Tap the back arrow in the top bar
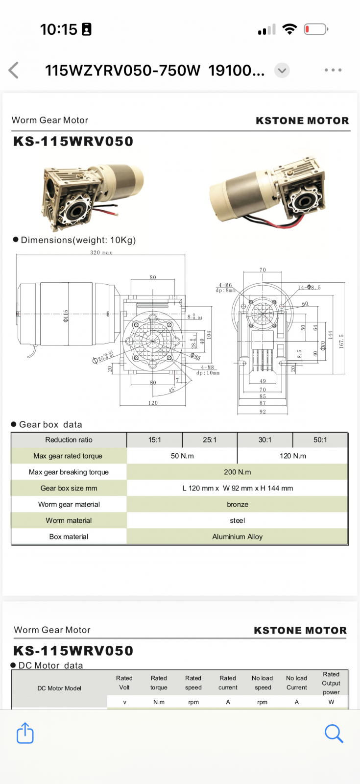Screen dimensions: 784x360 (14, 71)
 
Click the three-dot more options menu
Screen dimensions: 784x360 (333, 70)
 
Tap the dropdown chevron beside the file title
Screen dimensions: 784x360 (282, 71)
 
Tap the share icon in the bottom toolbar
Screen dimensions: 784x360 (25, 733)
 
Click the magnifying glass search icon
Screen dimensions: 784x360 (334, 734)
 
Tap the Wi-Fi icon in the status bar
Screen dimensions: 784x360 (290, 29)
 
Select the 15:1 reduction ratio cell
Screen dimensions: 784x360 (155, 440)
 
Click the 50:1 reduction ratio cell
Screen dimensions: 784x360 (320, 440)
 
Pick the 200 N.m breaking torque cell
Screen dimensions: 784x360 (237, 472)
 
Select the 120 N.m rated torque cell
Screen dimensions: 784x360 (292, 456)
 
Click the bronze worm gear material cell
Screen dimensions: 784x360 (237, 504)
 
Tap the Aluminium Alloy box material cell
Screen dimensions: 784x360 (237, 537)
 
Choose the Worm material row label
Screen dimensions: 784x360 (69, 520)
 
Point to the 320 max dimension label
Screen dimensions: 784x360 (101, 253)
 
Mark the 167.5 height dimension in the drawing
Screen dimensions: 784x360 (341, 341)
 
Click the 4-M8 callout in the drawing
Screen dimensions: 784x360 (208, 367)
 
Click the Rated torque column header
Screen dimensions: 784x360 (159, 683)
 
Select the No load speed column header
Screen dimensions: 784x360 (263, 683)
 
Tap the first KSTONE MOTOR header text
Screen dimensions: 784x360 (302, 121)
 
